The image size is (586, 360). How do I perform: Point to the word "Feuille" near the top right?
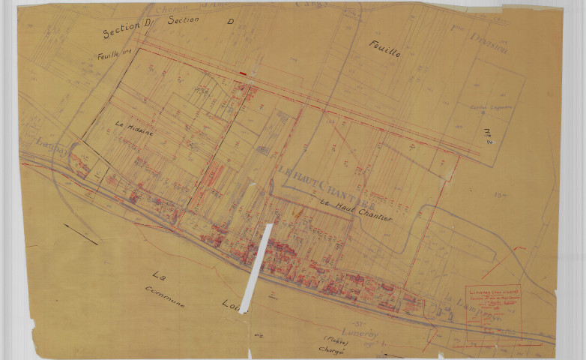point(385,50)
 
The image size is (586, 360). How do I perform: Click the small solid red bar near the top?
point(243,73)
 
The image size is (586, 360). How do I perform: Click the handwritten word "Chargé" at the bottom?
point(330,350)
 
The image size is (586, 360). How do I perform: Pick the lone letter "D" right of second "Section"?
point(230,22)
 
